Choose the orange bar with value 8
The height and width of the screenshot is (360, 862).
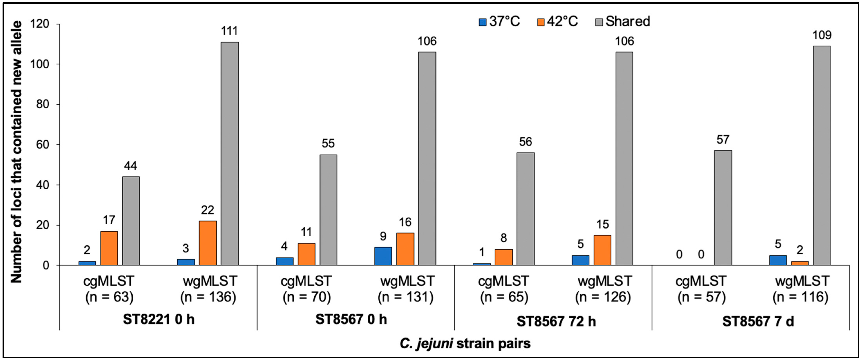click(504, 257)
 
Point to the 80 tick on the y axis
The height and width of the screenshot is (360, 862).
click(43, 104)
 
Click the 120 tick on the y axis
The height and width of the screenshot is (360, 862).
click(40, 24)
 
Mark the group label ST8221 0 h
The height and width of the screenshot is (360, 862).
click(159, 319)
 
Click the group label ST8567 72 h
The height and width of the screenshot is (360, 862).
click(556, 321)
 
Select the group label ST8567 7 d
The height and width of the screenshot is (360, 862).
click(758, 321)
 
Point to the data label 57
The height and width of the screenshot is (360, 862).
click(723, 139)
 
